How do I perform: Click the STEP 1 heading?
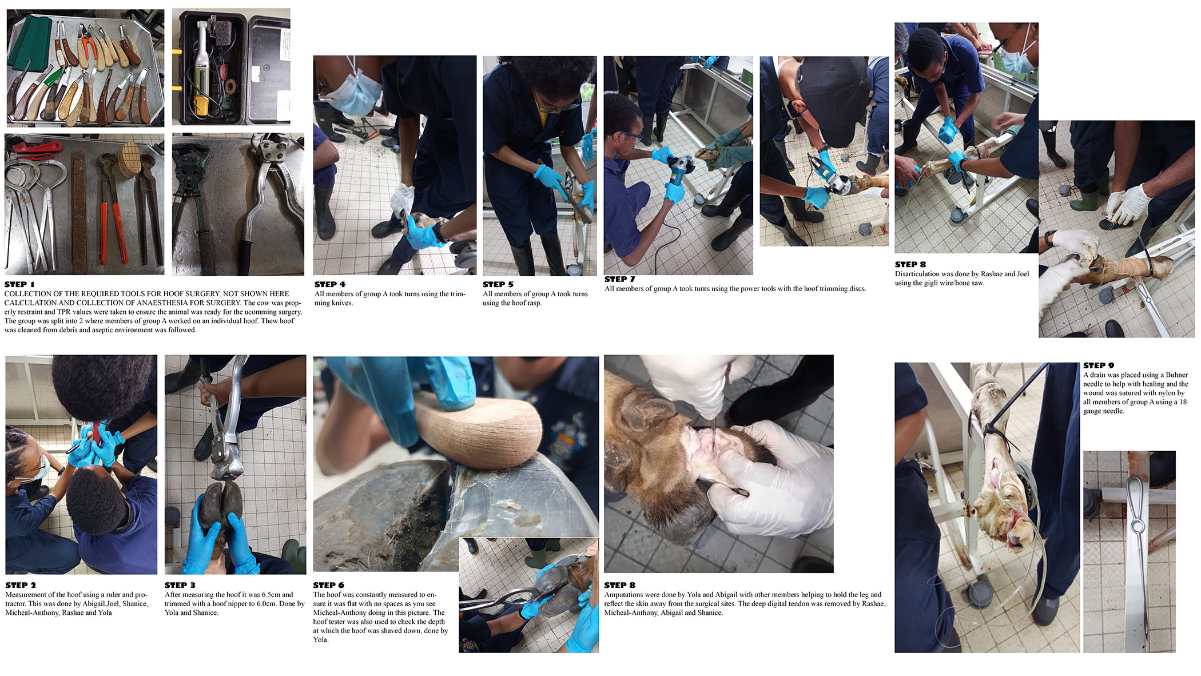[19, 284]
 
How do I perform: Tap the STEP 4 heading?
[330, 284]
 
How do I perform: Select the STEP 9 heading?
[1099, 365]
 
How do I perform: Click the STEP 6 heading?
[329, 585]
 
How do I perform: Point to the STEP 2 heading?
[21, 585]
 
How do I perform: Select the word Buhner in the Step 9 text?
[1177, 375]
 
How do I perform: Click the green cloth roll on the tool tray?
[30, 42]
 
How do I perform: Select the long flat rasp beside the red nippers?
[79, 212]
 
